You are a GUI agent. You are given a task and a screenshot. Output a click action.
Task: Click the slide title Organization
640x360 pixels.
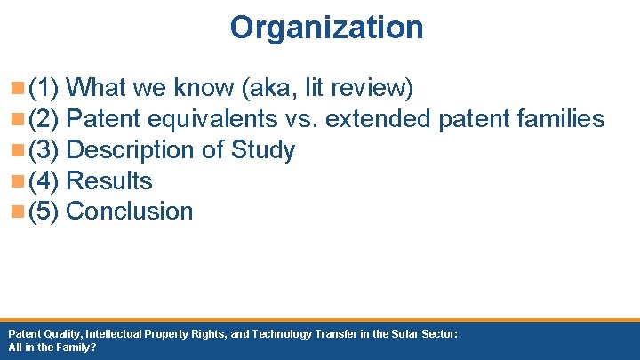coord(326,28)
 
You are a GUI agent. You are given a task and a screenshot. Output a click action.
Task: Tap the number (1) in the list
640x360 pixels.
coord(44,89)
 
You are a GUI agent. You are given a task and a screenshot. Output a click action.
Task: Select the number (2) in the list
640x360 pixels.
coord(44,119)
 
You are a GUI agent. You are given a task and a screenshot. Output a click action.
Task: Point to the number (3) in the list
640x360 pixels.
coord(44,150)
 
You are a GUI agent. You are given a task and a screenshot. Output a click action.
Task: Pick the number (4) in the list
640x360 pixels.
coord(44,181)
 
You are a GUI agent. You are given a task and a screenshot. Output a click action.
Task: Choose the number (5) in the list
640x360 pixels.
coord(44,212)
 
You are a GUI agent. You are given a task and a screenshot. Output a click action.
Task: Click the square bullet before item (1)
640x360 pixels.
coord(19,89)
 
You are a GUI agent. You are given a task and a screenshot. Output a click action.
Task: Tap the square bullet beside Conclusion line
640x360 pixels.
coord(19,212)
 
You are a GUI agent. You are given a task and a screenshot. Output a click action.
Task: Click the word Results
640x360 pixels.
coord(109,181)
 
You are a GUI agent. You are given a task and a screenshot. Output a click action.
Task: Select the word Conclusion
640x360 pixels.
coord(130,212)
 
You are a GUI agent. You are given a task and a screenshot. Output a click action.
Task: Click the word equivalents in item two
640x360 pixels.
coord(225,119)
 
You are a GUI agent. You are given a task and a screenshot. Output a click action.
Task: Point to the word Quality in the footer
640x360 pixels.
coord(62,333)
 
